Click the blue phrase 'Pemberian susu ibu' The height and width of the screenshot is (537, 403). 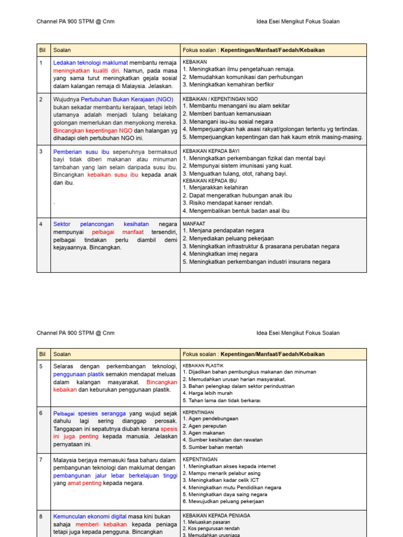coord(81,152)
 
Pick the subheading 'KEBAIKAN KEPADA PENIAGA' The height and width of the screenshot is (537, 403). coord(216,515)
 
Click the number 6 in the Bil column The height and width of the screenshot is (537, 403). coord(40,413)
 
